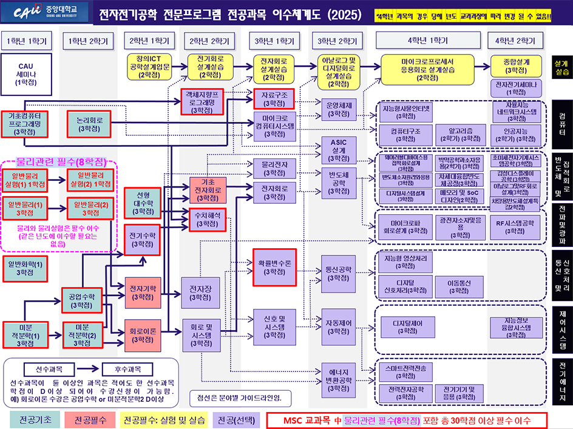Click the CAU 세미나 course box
pos(26,74)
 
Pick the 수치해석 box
pos(208,219)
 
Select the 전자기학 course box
pos(143,292)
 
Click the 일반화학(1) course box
pos(25,268)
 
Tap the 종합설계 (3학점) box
pos(516,66)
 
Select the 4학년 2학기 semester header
pos(516,41)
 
